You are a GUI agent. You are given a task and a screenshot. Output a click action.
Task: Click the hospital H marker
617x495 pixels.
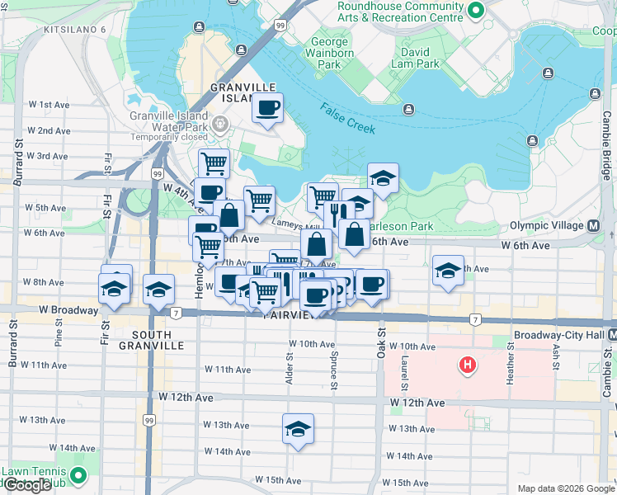click(468, 364)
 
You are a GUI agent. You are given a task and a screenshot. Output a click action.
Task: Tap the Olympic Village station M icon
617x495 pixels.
click(594, 225)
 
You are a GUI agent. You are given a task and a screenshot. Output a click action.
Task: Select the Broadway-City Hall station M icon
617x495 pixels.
click(611, 336)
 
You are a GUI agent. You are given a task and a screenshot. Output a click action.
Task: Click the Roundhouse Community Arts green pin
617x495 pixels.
click(476, 12)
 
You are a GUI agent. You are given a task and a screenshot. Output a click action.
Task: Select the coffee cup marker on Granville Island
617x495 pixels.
click(268, 107)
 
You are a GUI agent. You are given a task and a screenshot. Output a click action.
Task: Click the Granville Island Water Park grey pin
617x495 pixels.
click(220, 125)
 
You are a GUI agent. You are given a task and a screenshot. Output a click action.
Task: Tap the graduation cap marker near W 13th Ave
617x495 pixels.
click(298, 427)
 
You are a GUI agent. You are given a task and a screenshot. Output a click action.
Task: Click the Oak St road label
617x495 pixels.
click(382, 346)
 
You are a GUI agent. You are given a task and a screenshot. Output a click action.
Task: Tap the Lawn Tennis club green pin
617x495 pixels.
click(78, 475)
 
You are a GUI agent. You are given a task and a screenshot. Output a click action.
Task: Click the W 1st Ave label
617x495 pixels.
click(49, 105)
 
